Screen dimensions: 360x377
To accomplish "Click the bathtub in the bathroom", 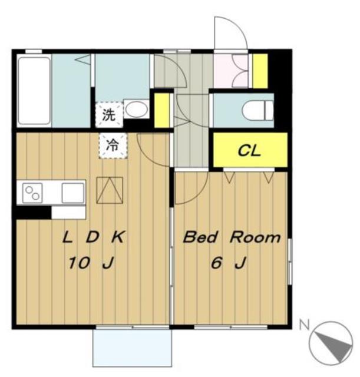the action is tap(34, 90).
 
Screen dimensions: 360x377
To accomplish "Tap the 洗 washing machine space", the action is tap(109, 115).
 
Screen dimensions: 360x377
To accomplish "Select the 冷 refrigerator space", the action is tap(113, 145).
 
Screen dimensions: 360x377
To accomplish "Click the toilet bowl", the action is tap(258, 111).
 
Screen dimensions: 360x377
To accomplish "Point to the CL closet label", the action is tap(249, 151).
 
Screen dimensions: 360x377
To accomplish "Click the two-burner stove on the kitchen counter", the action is tap(32, 193).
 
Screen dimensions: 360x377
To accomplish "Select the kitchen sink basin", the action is tap(73, 193).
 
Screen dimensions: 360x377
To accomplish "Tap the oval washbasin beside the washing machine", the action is tap(137, 110).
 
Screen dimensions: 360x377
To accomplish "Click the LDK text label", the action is tap(93, 237).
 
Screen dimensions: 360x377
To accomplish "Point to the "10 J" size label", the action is tap(91, 263).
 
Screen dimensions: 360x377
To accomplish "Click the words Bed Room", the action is tap(232, 237).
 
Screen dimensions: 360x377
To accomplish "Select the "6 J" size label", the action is tap(229, 263).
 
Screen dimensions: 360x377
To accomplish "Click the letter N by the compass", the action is tap(305, 325).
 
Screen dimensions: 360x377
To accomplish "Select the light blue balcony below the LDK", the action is tap(132, 348).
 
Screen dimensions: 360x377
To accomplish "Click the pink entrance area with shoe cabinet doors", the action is tap(231, 71).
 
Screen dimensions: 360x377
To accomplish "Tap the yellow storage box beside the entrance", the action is tap(260, 71).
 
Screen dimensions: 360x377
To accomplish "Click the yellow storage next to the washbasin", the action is tap(162, 110).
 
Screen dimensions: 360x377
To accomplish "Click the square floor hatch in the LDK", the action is tap(110, 190).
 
